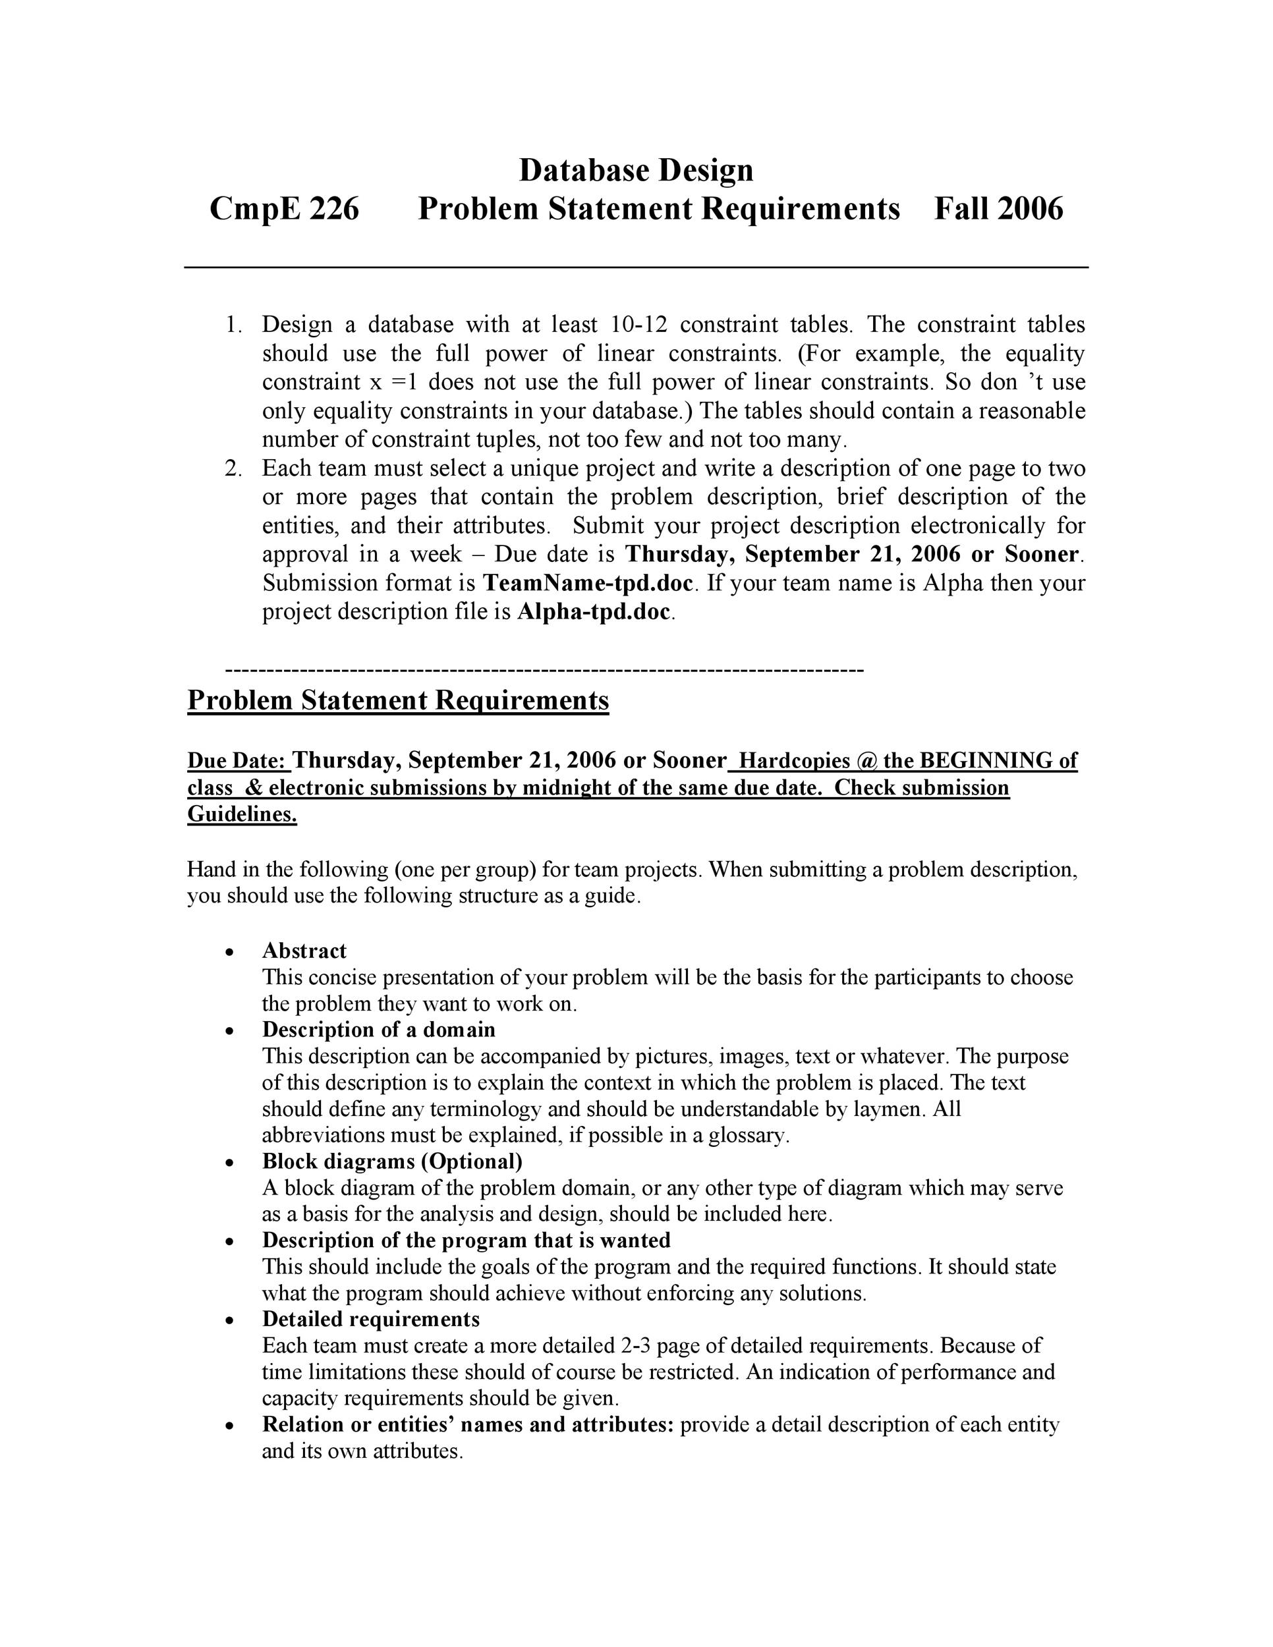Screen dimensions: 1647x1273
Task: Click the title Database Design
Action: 636,171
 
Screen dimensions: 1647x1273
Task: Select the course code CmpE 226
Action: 284,209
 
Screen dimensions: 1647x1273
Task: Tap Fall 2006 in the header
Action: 998,209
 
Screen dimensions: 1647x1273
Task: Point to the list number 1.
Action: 233,325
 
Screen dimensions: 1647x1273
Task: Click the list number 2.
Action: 233,468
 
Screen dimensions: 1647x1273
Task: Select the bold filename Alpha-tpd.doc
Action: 594,611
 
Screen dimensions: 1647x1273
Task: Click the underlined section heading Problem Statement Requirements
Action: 397,700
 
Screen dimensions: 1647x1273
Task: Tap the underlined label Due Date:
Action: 239,761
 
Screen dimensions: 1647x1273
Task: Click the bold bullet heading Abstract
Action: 304,951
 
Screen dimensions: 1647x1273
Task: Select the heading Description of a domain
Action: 379,1030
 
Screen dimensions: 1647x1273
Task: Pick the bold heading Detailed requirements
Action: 370,1319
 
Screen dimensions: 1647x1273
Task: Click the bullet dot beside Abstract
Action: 229,953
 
